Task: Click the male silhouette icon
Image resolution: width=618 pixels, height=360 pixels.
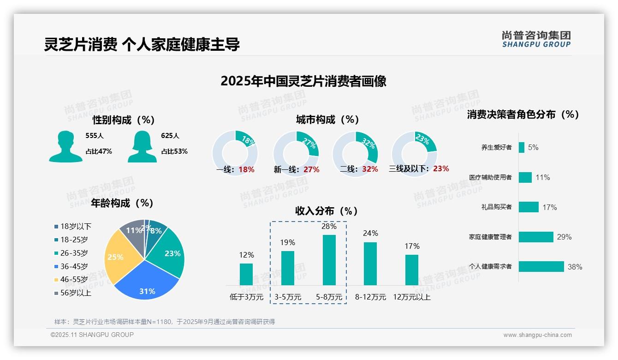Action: [65, 146]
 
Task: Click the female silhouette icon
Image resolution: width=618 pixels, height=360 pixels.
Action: [142, 146]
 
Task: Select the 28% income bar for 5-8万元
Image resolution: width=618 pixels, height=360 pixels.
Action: [329, 260]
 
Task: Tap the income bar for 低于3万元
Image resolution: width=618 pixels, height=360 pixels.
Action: [246, 274]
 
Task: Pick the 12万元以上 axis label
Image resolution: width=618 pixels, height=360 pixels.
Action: [411, 297]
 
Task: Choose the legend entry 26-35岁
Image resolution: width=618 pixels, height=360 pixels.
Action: [74, 253]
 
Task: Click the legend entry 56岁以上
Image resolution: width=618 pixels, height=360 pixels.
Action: [76, 293]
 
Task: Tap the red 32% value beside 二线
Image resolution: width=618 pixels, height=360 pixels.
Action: [370, 169]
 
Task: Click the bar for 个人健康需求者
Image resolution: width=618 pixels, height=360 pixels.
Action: [541, 266]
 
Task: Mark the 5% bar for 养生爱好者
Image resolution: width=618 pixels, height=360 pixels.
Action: [522, 147]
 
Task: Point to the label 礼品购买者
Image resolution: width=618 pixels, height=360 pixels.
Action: [496, 207]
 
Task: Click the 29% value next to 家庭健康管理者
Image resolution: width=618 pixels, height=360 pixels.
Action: [564, 237]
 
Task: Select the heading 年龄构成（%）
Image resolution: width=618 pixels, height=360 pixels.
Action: [122, 203]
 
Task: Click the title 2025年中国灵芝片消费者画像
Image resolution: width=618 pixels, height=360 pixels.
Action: [303, 81]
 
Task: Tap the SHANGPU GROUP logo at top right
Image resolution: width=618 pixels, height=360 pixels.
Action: [536, 39]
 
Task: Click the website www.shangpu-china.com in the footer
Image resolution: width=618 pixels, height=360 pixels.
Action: [537, 335]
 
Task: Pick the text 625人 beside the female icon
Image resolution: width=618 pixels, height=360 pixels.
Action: [170, 136]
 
